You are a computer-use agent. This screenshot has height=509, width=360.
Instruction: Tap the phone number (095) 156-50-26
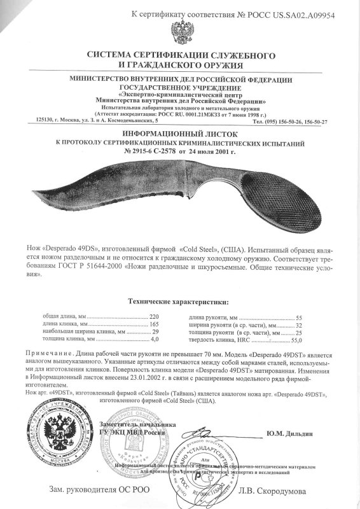pos(280,120)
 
